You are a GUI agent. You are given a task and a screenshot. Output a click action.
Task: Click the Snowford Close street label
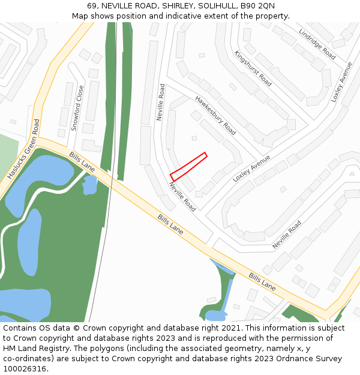pyautogui.click(x=77, y=108)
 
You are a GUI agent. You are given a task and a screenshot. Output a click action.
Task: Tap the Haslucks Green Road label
pyautogui.click(x=24, y=149)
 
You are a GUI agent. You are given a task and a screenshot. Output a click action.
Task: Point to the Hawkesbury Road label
pyautogui.click(x=215, y=115)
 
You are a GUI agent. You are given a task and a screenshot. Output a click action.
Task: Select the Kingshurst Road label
pyautogui.click(x=253, y=68)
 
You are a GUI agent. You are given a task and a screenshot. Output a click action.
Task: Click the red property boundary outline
pyautogui.click(x=188, y=166)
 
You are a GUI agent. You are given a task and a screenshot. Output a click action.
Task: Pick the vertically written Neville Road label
pyautogui.click(x=160, y=102)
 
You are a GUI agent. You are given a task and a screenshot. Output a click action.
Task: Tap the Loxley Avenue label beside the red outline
pyautogui.click(x=251, y=169)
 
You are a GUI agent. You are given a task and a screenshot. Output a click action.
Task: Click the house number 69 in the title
pyautogui.click(x=92, y=6)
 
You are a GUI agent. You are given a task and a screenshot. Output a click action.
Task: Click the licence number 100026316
pyautogui.click(x=24, y=369)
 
